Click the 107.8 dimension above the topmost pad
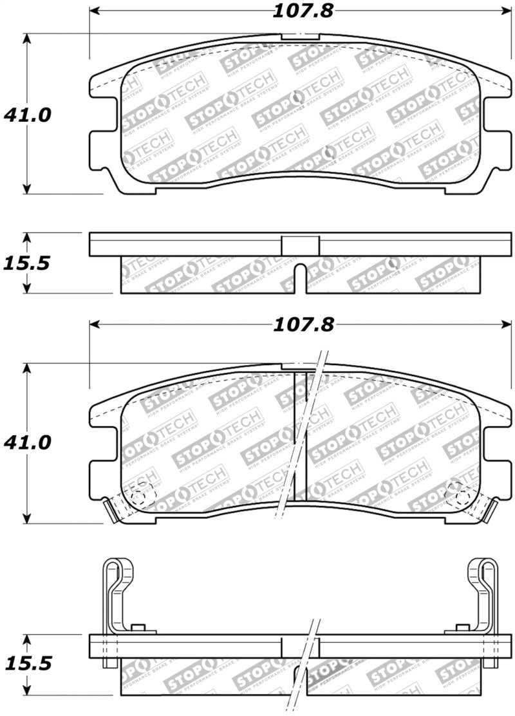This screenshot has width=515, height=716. pos(301,11)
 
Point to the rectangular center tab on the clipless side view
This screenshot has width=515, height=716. pos(301,245)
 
